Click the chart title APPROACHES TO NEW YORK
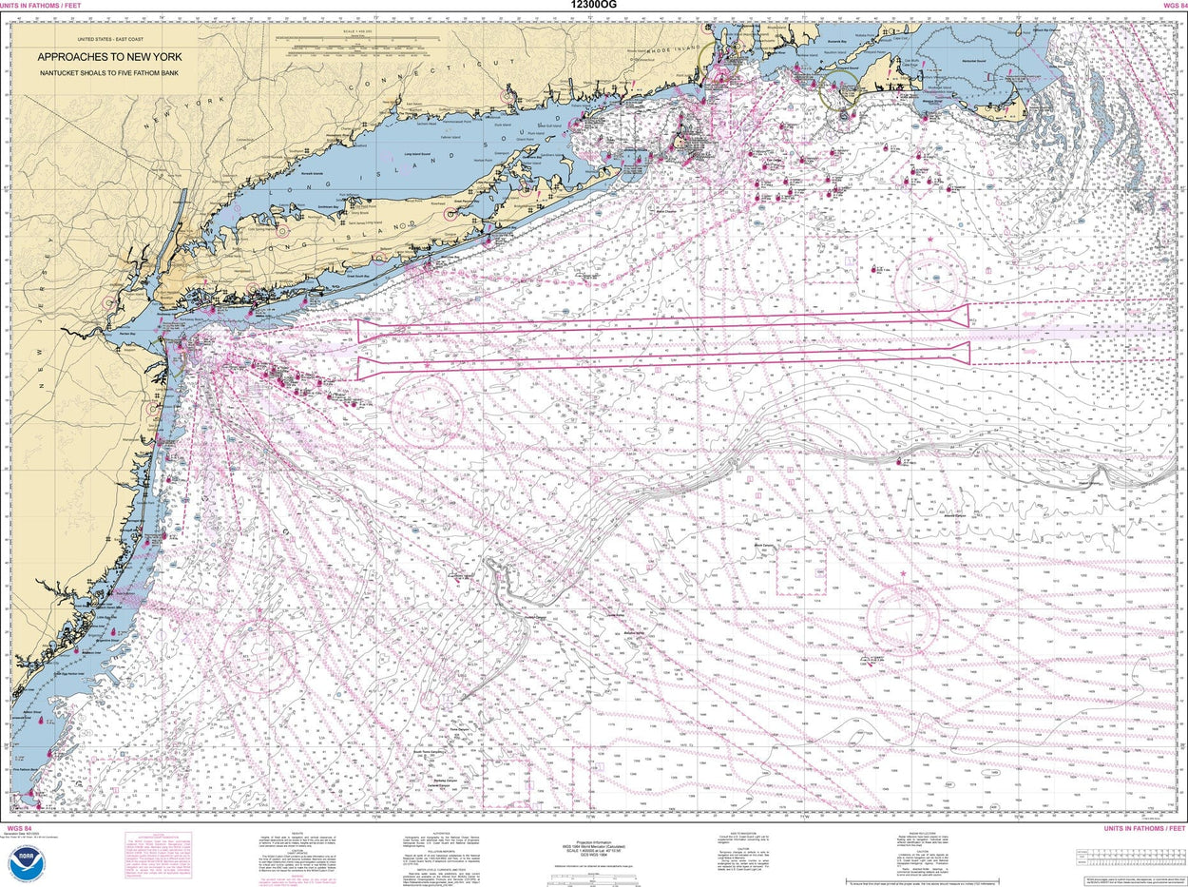[109, 56]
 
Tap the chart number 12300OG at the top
[593, 7]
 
